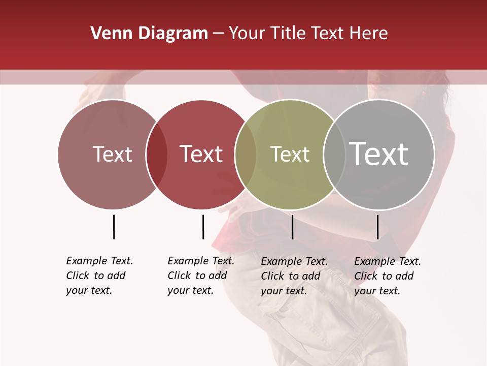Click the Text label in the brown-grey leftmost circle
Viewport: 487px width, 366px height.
pos(113,154)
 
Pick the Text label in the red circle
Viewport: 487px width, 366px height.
pos(201,154)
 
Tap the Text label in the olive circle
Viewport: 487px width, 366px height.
pos(290,154)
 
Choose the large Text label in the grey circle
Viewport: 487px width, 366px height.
pos(379,154)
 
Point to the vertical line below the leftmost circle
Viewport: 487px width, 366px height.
pos(114,227)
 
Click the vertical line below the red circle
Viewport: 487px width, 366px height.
pos(203,227)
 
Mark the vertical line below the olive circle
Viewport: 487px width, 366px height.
pos(292,227)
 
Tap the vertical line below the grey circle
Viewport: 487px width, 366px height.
pos(378,227)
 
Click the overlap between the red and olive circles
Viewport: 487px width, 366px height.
pos(246,154)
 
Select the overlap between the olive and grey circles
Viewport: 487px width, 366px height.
pos(334,154)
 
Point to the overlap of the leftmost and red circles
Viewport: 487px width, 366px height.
pos(157,154)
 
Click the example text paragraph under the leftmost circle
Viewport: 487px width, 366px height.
pos(99,276)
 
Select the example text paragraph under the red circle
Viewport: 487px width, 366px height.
pos(200,276)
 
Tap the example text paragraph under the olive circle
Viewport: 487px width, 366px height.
pos(294,276)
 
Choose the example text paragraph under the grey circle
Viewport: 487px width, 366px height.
pos(387,276)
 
